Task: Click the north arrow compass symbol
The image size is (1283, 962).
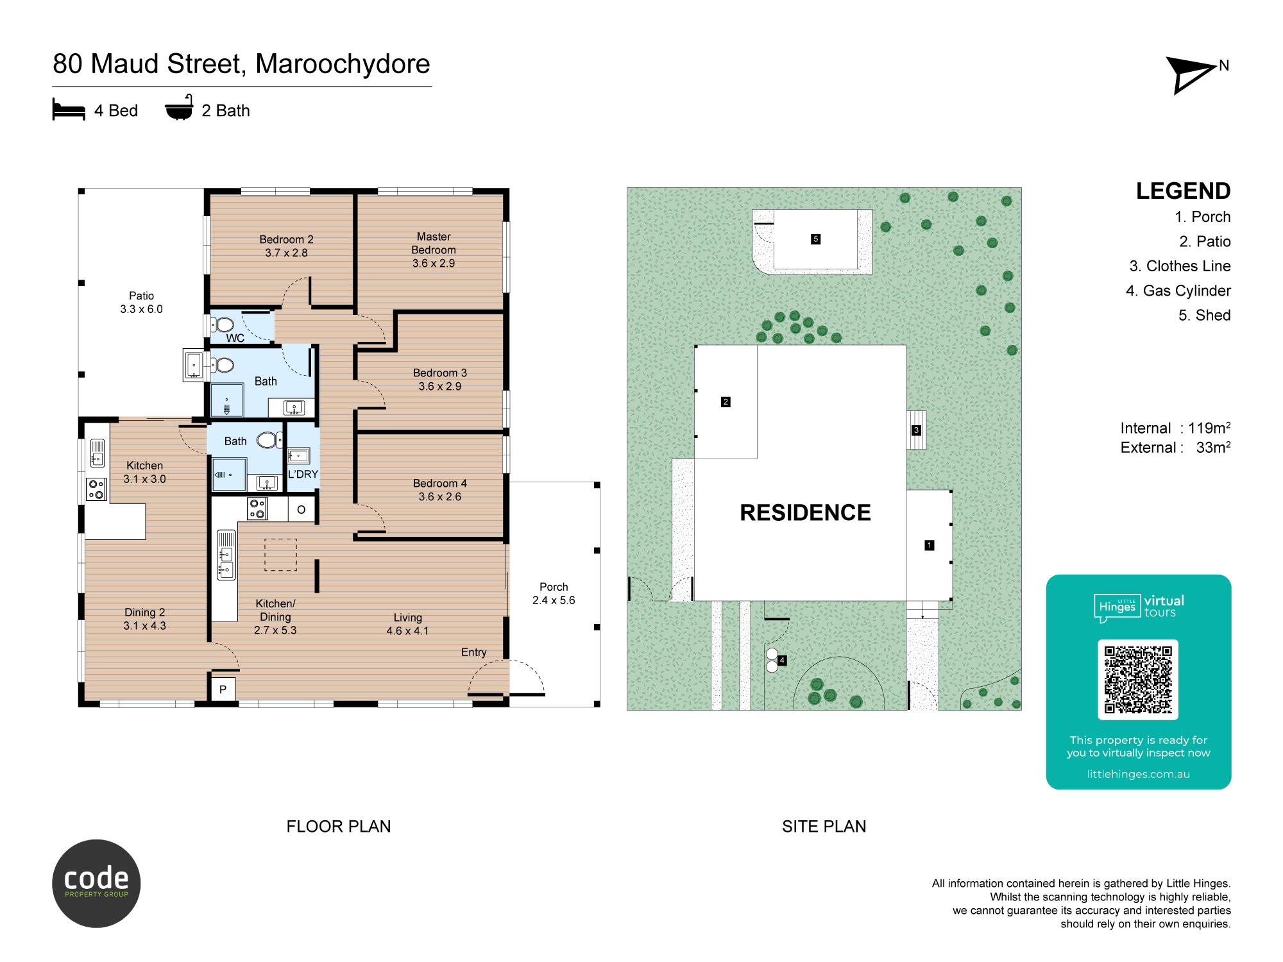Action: (x=1190, y=74)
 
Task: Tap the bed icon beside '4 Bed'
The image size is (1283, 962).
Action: (x=69, y=110)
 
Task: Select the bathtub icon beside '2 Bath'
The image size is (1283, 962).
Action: (x=179, y=108)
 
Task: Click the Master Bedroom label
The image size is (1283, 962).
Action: (x=434, y=250)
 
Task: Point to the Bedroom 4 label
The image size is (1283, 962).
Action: (x=440, y=490)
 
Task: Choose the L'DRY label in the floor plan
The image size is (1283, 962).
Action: (x=303, y=475)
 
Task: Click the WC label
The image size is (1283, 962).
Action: (x=235, y=338)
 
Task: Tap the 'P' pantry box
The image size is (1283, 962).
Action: (x=223, y=689)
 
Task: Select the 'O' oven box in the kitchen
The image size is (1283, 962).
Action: (x=301, y=510)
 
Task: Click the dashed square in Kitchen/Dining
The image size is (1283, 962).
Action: (x=281, y=555)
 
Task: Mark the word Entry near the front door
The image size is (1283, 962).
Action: (x=474, y=652)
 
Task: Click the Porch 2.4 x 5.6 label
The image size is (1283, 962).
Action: (x=554, y=594)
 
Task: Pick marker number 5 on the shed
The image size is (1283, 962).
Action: (x=816, y=239)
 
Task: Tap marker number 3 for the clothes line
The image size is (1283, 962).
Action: (x=916, y=430)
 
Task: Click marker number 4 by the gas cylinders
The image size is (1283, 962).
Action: (x=782, y=661)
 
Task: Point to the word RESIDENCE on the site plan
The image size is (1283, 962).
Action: (x=806, y=512)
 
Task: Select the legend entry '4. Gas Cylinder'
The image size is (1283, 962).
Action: (x=1178, y=291)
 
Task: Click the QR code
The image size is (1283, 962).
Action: (x=1138, y=680)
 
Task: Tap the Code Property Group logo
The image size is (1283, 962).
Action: (x=96, y=884)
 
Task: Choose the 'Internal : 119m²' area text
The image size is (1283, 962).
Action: (x=1175, y=428)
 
